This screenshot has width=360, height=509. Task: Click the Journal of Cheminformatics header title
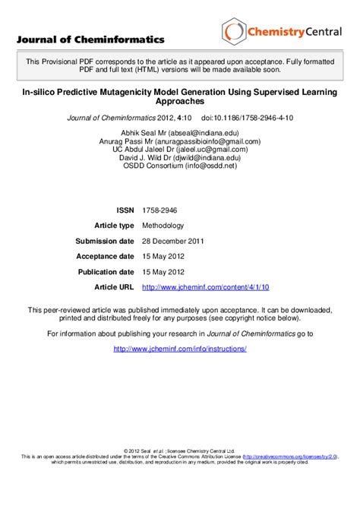pos(90,40)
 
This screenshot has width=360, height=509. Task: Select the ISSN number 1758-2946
pos(160,210)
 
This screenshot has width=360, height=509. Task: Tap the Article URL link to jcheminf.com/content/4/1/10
pos(206,286)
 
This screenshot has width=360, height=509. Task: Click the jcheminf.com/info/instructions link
pos(179,349)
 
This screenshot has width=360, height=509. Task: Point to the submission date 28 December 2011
pos(173,241)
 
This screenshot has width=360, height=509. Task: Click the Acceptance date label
pos(105,256)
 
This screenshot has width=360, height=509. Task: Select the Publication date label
pos(106,271)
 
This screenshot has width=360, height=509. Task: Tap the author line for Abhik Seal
pos(179,130)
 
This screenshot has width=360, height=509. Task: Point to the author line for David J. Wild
pos(179,158)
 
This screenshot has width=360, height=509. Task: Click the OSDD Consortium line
pos(179,166)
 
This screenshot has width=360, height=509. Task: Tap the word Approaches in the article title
pos(179,100)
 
